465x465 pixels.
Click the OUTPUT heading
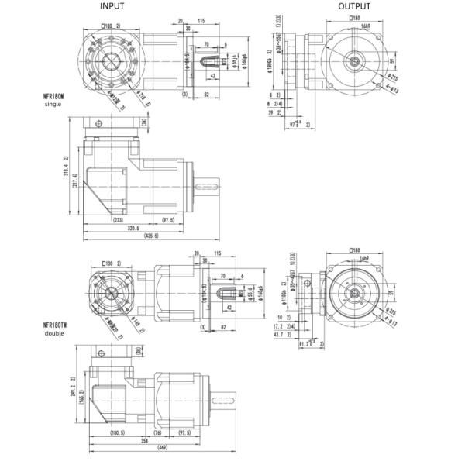(x=354, y=6)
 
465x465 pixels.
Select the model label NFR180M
(x=54, y=96)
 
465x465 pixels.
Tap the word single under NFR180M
(x=53, y=104)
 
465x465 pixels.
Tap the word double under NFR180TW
(x=54, y=334)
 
